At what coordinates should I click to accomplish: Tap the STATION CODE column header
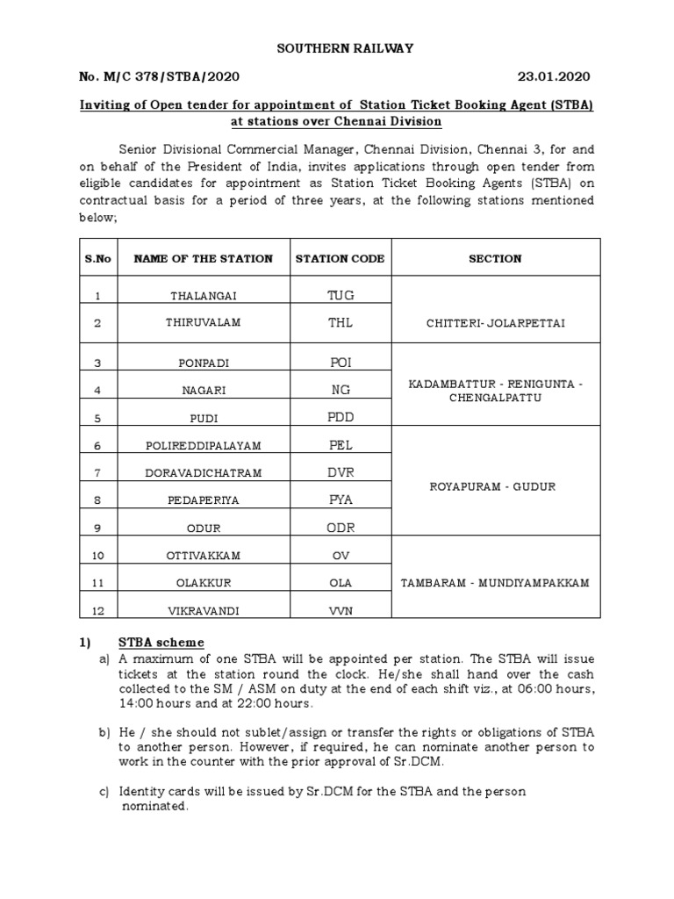point(340,259)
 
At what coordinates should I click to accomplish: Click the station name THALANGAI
point(203,297)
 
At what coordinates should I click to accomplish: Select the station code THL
point(340,323)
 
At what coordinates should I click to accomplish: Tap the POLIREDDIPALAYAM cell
point(203,446)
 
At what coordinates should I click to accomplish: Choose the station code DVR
point(340,473)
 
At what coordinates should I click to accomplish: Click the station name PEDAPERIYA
point(203,500)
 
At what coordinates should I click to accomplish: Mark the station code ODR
point(340,527)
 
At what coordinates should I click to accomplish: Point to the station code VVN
point(340,610)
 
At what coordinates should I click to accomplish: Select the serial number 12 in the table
point(98,610)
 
